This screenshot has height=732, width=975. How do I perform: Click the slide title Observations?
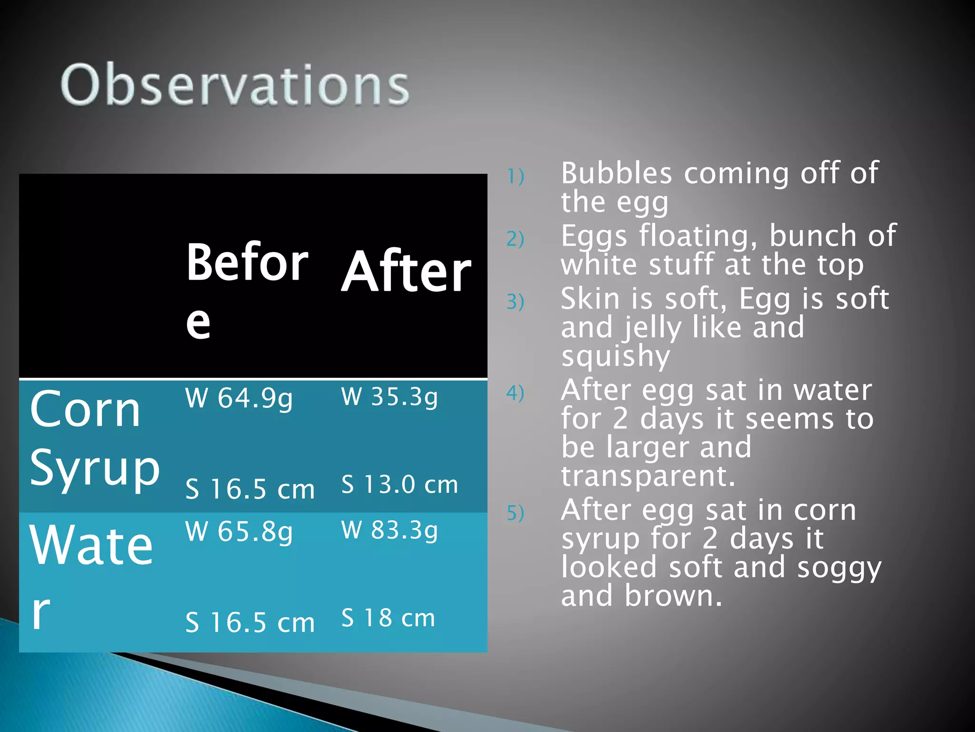tap(235, 85)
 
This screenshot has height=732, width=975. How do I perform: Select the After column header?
tap(406, 272)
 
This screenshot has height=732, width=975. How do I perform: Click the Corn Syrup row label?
tap(94, 438)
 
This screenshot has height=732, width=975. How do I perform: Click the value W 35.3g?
tap(389, 397)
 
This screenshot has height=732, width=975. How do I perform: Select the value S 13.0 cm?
tap(399, 485)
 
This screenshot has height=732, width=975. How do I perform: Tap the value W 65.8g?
tap(239, 532)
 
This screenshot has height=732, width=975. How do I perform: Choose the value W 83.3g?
tap(389, 530)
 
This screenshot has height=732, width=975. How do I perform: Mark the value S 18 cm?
tap(388, 618)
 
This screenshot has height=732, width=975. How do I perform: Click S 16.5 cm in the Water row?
tap(250, 623)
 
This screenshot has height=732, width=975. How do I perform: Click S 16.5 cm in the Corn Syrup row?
tap(250, 489)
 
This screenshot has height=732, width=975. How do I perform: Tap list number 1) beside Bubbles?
tap(515, 177)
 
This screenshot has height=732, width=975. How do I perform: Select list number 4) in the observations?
tap(515, 393)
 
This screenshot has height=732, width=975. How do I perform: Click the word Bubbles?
tap(616, 173)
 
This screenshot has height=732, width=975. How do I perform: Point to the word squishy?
tap(615, 356)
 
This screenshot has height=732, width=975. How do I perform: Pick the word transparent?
tap(647, 476)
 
